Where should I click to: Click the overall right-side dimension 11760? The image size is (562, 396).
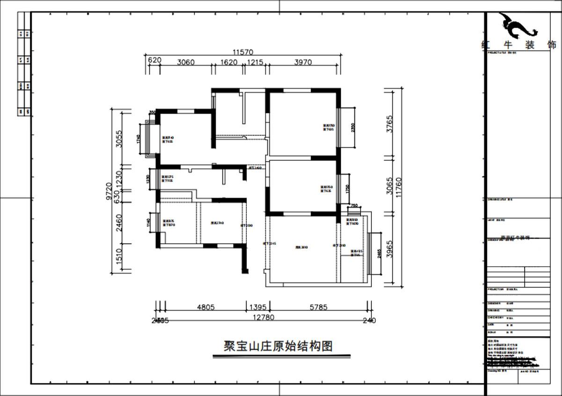coord(399,187)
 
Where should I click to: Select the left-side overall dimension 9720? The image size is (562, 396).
coord(109,191)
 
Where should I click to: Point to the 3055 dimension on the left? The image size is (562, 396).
coord(119,139)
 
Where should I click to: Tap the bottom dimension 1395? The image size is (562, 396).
coord(257,308)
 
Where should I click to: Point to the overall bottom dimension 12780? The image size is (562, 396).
coord(263,318)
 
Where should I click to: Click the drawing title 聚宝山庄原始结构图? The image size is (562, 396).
coord(278,346)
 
